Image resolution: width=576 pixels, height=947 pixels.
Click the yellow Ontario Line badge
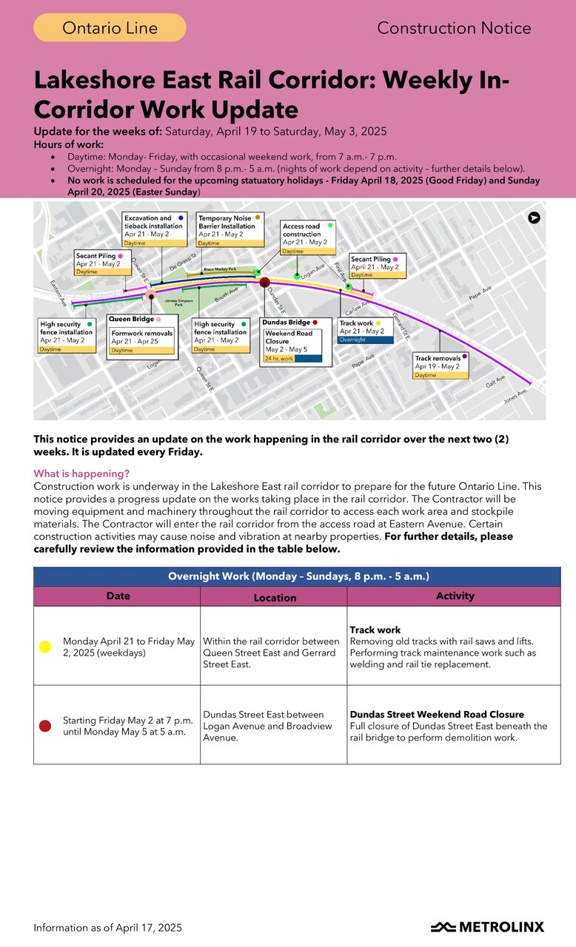tap(110, 28)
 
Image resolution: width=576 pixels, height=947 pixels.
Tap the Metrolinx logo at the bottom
tap(487, 927)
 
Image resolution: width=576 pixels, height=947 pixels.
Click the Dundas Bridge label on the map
tap(287, 323)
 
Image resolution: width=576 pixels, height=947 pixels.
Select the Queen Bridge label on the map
tap(132, 320)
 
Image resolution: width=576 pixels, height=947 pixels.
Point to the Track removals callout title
tap(438, 358)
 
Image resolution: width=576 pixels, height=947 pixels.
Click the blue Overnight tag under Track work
tap(365, 340)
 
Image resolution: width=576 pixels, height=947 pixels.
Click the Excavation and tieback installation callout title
tap(148, 223)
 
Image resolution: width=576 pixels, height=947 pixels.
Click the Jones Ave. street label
tap(516, 396)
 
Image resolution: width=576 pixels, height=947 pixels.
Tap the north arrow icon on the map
tap(534, 218)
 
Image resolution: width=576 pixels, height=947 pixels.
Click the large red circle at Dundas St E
tap(264, 281)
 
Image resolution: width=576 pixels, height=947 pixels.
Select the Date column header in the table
tap(118, 596)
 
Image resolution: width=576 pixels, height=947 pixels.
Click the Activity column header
tap(455, 596)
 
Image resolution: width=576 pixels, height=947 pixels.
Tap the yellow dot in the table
tap(44, 647)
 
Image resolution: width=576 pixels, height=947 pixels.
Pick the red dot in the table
tap(44, 726)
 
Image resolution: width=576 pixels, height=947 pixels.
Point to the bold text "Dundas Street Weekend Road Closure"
tap(437, 715)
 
